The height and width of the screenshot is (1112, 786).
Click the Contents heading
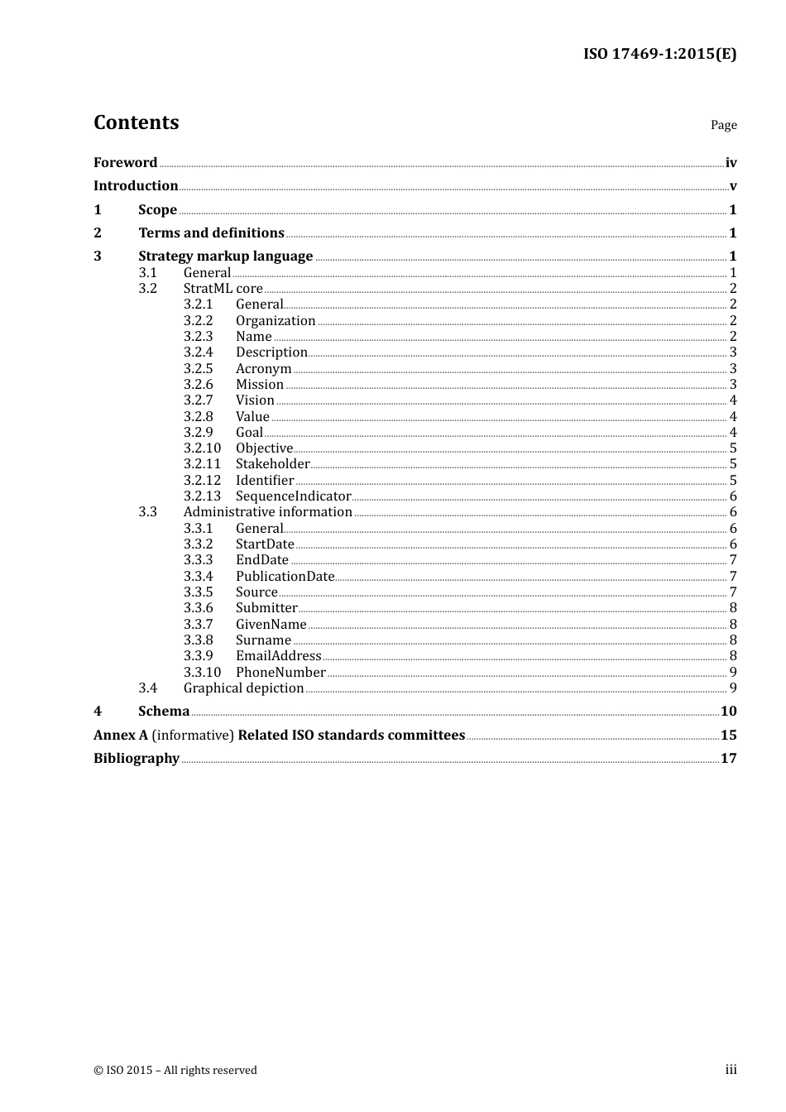click(136, 122)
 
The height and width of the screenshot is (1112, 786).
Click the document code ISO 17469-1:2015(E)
click(659, 54)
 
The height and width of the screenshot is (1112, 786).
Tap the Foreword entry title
click(125, 162)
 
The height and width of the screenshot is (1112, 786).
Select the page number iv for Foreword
click(731, 163)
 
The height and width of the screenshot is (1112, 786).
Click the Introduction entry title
click(136, 185)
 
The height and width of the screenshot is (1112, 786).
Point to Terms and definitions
click(211, 232)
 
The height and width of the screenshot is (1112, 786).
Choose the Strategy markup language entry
click(225, 256)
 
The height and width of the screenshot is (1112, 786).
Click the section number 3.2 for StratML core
click(147, 288)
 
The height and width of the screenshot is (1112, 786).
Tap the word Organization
click(276, 320)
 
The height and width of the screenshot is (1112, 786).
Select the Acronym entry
click(263, 368)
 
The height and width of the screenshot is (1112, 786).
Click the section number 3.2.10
click(202, 448)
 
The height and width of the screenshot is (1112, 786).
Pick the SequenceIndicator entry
click(293, 496)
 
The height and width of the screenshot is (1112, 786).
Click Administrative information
click(267, 511)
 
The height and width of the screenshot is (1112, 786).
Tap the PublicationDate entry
click(285, 576)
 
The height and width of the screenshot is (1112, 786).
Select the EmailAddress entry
click(278, 655)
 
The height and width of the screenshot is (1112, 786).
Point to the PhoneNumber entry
click(280, 672)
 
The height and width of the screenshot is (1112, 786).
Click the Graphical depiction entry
click(243, 688)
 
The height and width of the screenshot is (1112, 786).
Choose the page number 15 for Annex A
click(728, 735)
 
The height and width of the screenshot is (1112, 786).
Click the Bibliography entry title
click(137, 758)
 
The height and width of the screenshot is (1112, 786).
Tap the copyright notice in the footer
click(175, 1070)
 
